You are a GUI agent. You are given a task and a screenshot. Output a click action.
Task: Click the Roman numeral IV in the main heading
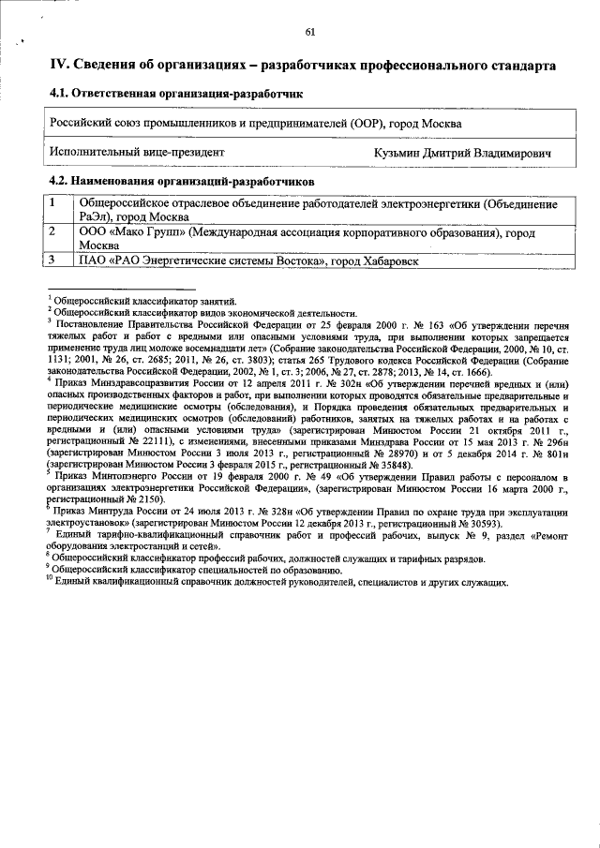pos(58,66)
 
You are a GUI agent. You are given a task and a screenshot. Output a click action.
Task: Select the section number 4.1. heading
pos(61,95)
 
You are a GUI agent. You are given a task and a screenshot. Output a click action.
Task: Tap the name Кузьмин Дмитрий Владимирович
pos(462,152)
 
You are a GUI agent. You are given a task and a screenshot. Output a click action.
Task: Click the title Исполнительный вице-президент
pos(137,152)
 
